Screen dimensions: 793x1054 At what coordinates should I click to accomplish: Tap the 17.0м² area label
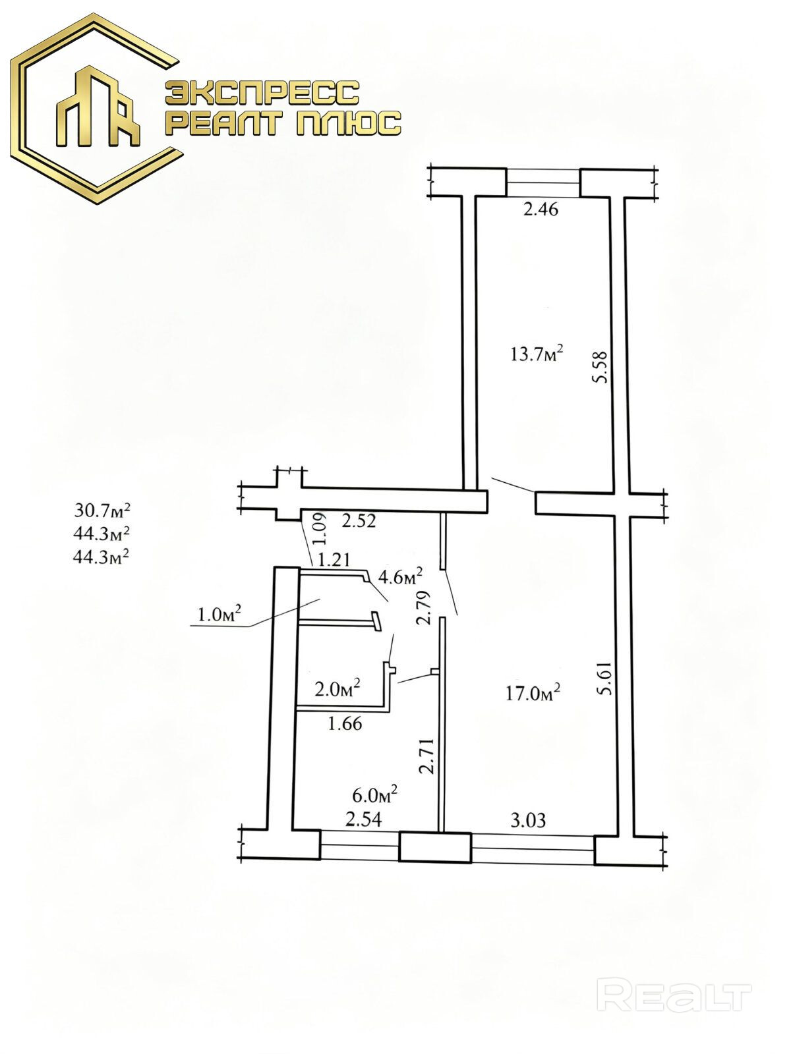(533, 693)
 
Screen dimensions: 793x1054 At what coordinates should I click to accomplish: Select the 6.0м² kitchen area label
(374, 795)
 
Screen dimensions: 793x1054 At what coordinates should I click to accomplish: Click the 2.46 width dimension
(541, 209)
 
